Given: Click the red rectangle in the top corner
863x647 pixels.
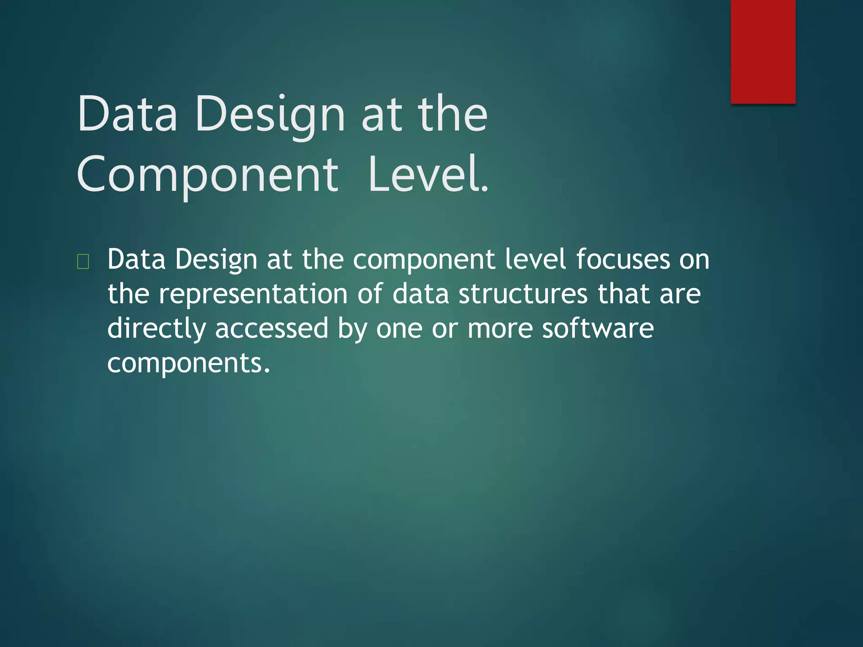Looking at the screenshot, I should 763,51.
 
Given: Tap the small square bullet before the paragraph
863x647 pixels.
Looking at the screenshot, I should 83,262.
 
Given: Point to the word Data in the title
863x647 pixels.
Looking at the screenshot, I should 127,114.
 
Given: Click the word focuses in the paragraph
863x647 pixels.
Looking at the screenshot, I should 623,259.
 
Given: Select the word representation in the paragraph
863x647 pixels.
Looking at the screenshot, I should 253,294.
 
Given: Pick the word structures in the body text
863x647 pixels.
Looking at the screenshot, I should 523,294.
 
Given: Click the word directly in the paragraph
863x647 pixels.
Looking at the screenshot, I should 156,328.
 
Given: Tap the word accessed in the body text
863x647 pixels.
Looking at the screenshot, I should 272,328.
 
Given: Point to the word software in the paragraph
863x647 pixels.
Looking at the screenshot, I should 598,328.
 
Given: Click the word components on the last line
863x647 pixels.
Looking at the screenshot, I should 188,363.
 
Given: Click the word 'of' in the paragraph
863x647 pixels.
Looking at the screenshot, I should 370,294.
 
